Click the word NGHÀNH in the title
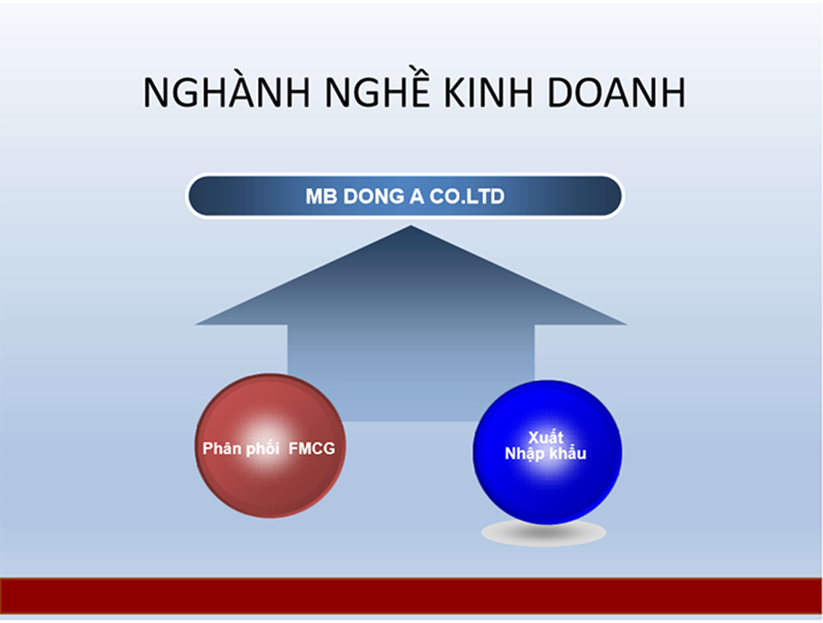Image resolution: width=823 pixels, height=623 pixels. click(x=227, y=93)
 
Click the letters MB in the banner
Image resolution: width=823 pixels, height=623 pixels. click(x=320, y=197)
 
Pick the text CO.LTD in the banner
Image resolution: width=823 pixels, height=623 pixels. click(x=467, y=197)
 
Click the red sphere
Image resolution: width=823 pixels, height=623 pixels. click(x=270, y=445)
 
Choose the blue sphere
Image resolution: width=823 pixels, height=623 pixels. click(x=548, y=452)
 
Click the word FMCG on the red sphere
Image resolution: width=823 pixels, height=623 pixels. click(x=312, y=449)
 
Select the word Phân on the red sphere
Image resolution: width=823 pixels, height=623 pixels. click(x=221, y=449)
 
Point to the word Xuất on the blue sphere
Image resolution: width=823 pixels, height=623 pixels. click(x=546, y=437)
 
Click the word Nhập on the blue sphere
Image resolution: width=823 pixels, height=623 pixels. click(x=524, y=454)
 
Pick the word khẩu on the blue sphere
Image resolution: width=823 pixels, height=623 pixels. click(x=567, y=452)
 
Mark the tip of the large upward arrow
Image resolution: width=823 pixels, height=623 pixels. click(x=411, y=226)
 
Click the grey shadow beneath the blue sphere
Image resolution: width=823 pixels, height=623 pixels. click(x=544, y=533)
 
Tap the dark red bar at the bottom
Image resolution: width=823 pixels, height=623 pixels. click(x=411, y=596)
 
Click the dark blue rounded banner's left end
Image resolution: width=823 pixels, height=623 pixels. click(x=188, y=196)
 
